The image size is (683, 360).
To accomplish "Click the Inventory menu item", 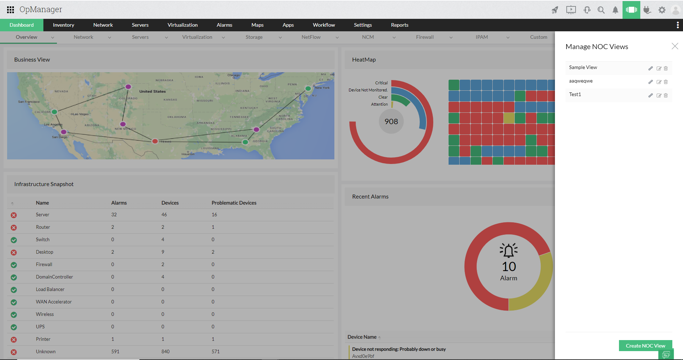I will click(63, 25).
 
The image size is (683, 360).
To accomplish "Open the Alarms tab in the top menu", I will click(224, 25).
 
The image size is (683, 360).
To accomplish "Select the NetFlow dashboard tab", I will click(311, 37).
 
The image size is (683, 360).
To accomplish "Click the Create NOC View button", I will click(645, 346).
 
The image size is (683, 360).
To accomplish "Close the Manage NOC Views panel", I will click(675, 46).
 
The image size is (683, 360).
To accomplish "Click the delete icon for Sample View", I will click(666, 68).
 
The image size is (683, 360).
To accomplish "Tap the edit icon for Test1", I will click(659, 95).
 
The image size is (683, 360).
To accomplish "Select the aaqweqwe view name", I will click(581, 81).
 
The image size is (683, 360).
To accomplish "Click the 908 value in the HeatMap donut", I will click(391, 122).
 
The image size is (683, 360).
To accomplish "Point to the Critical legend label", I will click(381, 83).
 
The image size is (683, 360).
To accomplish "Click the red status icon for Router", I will click(14, 228).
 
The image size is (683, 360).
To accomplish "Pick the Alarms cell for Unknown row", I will click(115, 351).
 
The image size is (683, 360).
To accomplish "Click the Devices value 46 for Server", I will click(164, 215).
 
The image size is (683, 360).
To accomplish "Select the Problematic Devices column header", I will click(234, 203).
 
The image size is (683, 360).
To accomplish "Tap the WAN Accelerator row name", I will click(54, 302).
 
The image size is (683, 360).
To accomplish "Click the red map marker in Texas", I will click(155, 141).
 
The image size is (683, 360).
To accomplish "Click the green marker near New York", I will click(308, 88).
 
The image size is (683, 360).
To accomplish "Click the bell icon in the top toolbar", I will click(615, 10).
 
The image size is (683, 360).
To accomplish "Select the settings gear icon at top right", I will click(662, 10).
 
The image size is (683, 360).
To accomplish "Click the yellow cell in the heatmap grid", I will click(509, 118).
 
